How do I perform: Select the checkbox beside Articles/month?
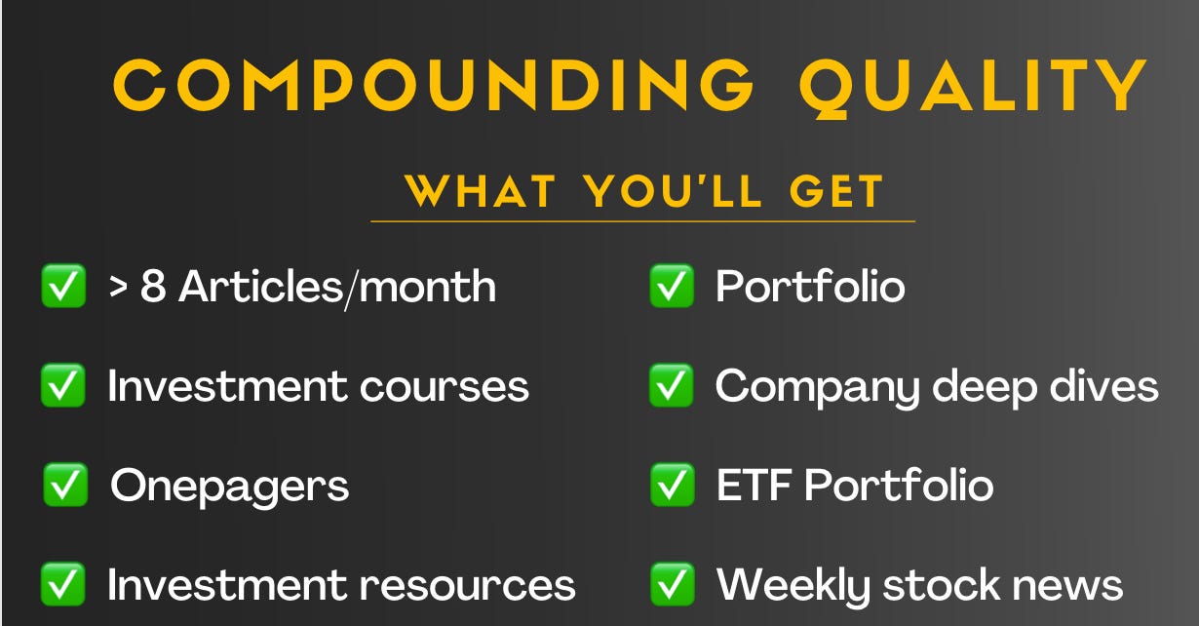tap(63, 288)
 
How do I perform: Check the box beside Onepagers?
tap(65, 486)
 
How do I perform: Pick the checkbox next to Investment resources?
tap(63, 585)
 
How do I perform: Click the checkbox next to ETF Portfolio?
tap(672, 486)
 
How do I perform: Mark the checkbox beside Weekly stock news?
tap(672, 585)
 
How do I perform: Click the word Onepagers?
tap(229, 486)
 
